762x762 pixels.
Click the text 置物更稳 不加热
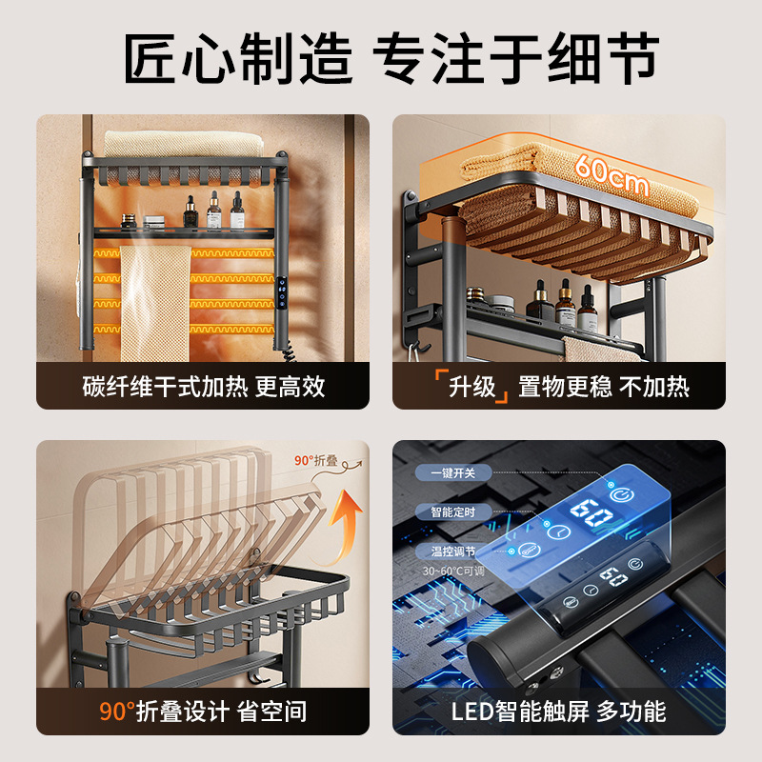603,386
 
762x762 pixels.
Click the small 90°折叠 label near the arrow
317,461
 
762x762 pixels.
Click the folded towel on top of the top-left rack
181,143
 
